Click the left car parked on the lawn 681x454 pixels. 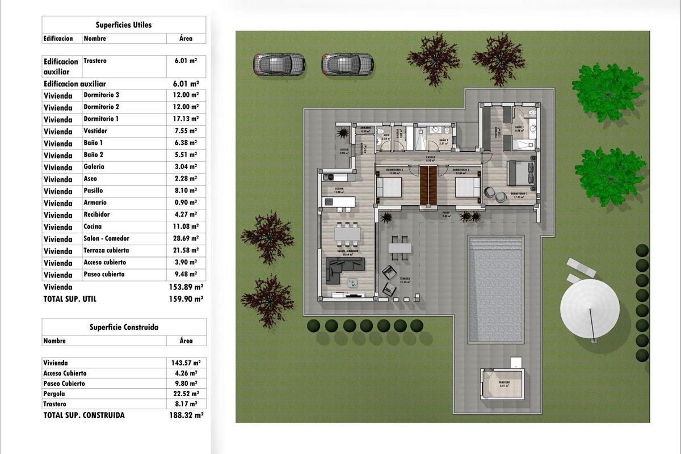[278, 65]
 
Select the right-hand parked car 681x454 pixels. [347, 65]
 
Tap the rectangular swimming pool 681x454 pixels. [495, 289]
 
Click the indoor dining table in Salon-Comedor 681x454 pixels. [347, 233]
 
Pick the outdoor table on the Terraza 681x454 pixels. [400, 248]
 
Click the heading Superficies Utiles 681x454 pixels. [123, 25]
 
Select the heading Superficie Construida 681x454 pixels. [124, 327]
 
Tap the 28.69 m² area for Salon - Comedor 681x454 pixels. [186, 239]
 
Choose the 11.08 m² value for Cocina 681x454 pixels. [186, 227]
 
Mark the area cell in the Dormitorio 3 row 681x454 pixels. [186, 95]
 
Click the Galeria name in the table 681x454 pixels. [94, 167]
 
